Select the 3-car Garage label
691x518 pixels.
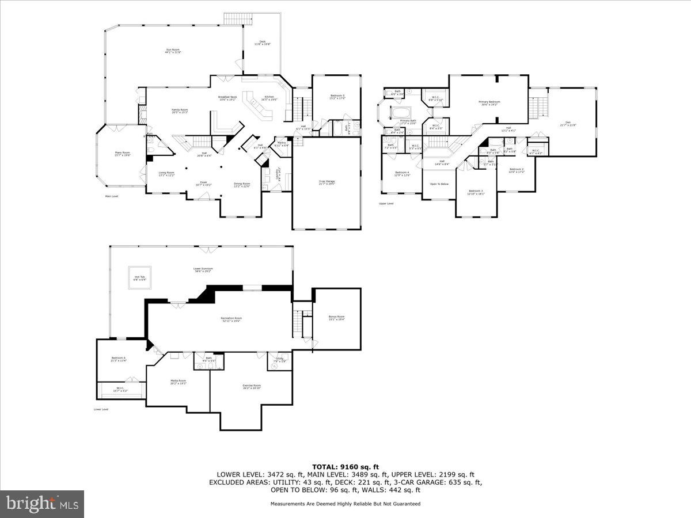pos(326,182)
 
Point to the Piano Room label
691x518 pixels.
pos(122,154)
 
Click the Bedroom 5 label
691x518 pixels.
pos(337,96)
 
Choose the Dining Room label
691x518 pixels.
pos(242,185)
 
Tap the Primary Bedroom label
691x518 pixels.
pos(489,103)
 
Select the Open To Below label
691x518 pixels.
pos(439,184)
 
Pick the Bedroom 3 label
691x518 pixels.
pos(476,192)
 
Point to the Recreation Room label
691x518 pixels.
pos(231,319)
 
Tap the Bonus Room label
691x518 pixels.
pos(336,318)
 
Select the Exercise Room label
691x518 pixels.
pos(252,386)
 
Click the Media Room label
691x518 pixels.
pos(178,382)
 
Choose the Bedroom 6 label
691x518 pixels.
pos(118,359)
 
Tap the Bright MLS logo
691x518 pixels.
pos(42,504)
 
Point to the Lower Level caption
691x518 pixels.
pos(101,409)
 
